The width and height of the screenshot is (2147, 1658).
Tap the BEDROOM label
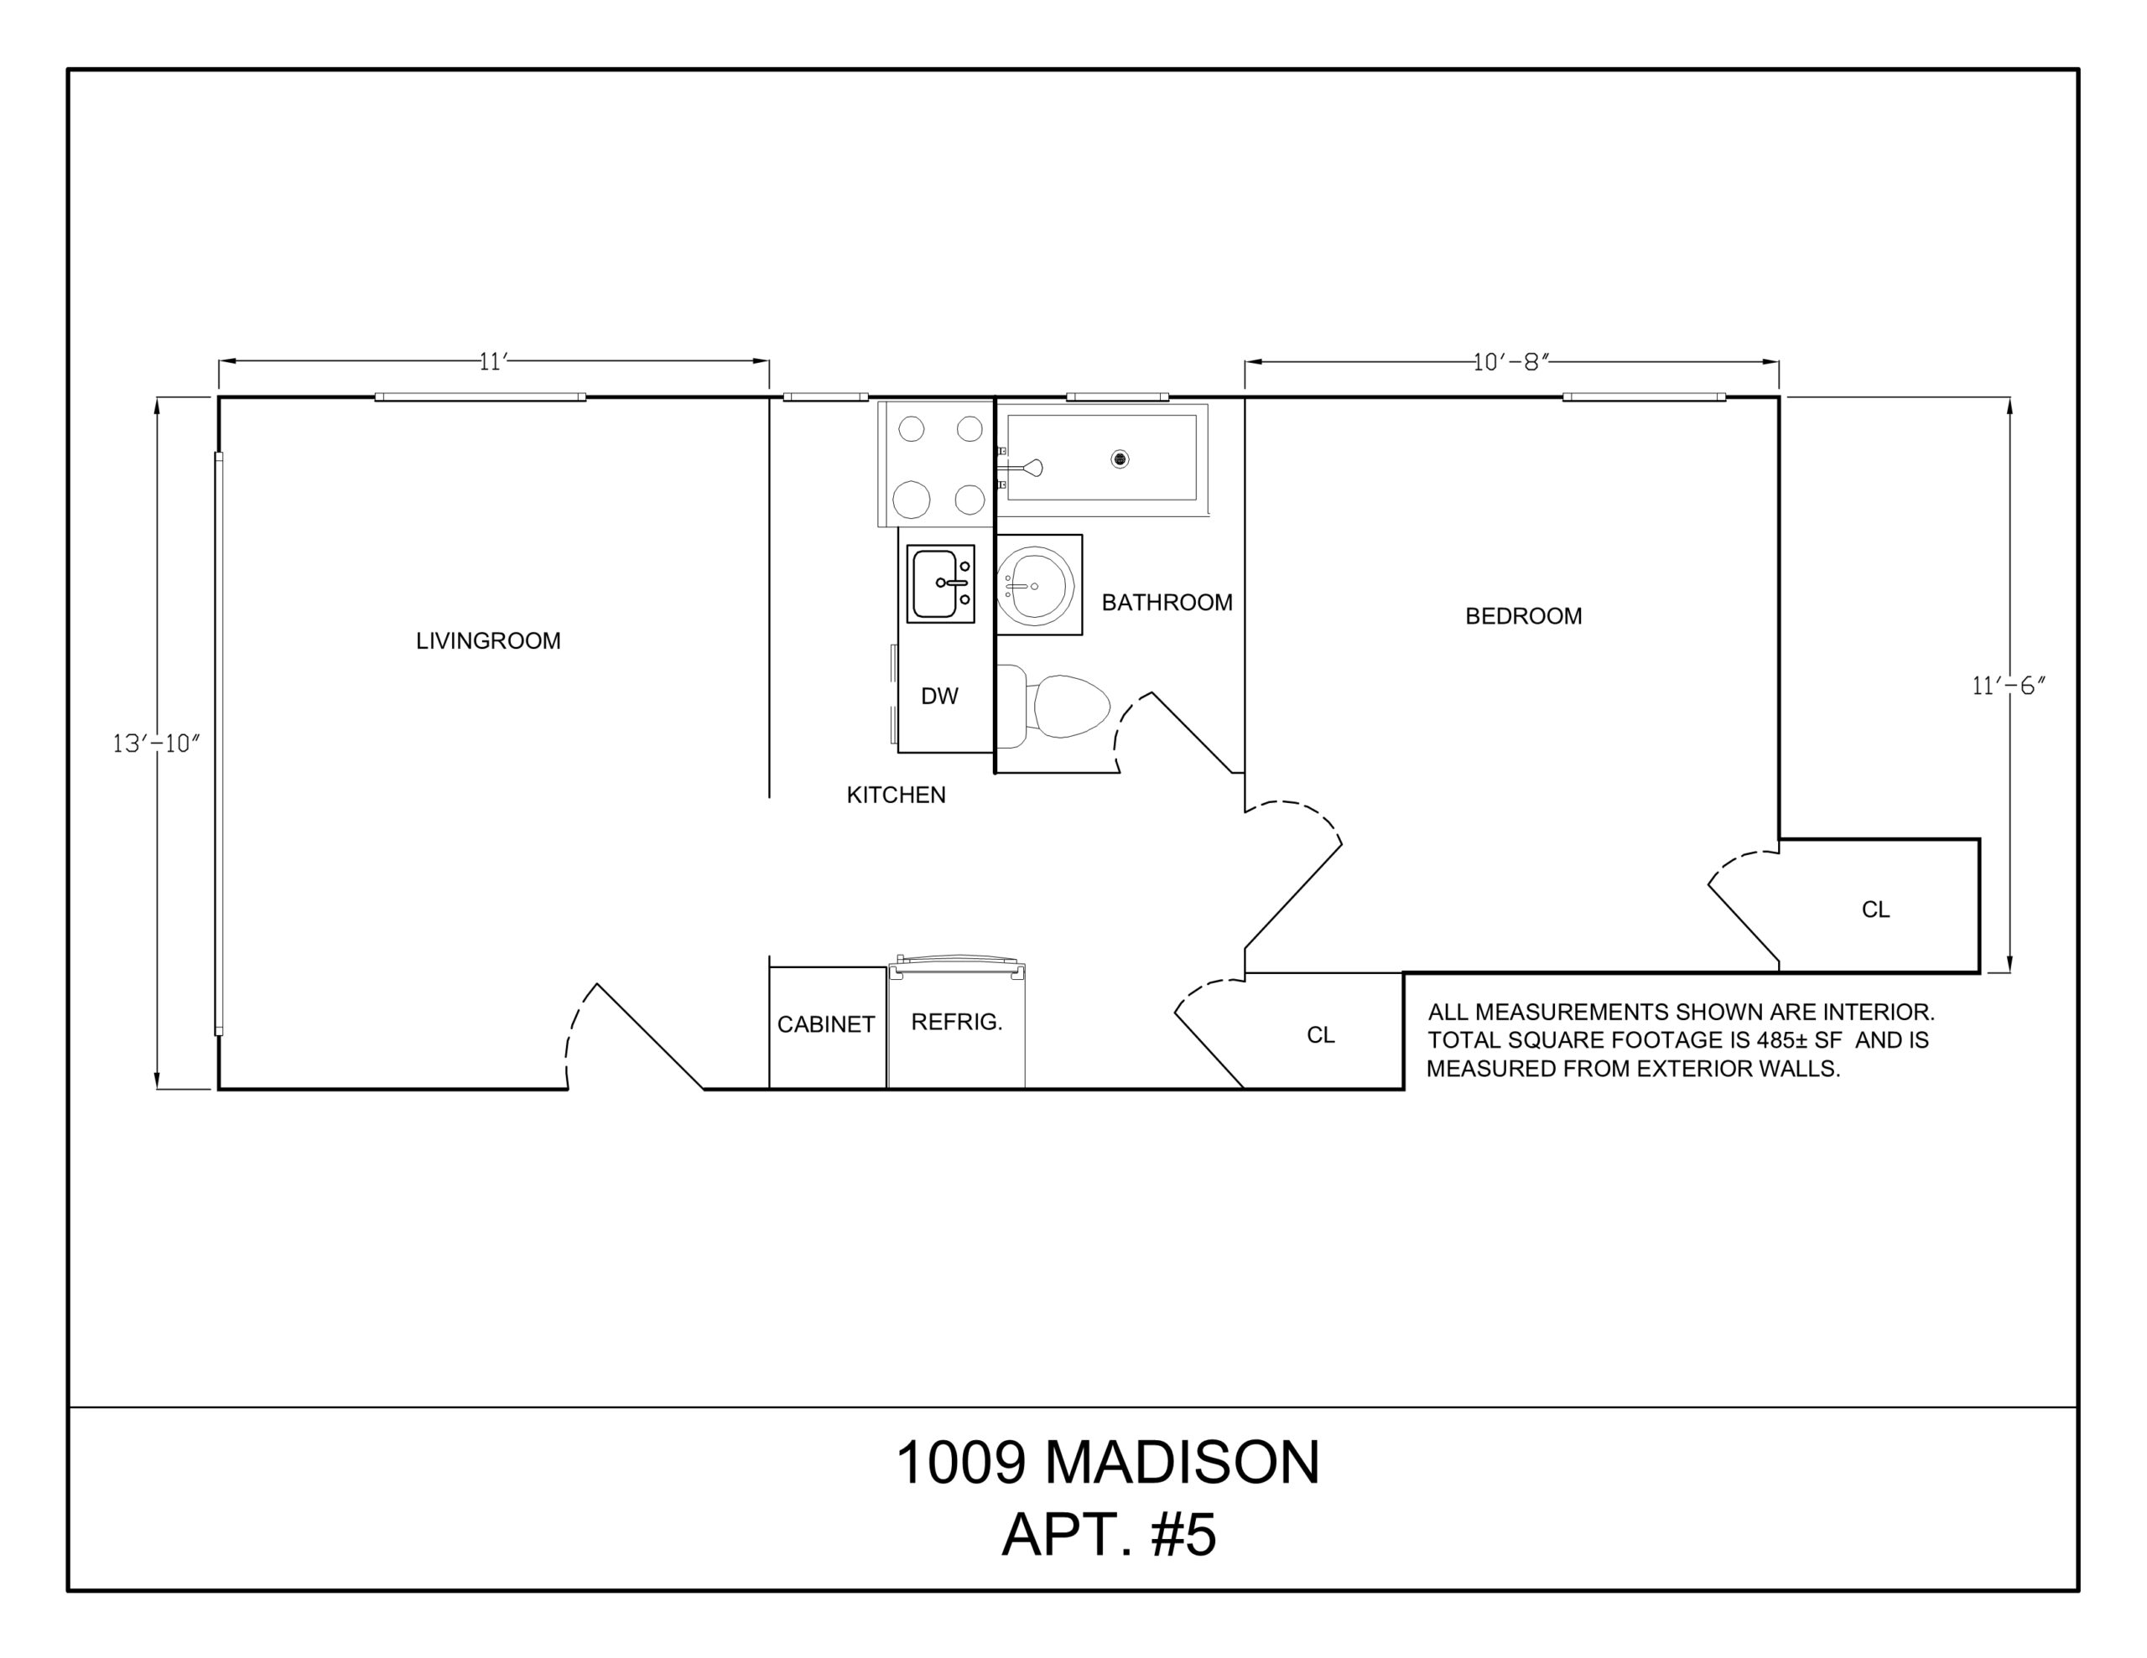tap(1524, 616)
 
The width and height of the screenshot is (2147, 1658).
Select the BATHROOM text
tap(1167, 603)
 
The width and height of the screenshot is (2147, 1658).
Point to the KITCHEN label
tap(896, 795)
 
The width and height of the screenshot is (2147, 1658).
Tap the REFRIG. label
tap(957, 1022)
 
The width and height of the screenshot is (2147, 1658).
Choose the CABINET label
tap(826, 1024)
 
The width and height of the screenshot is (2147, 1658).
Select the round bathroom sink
tap(1034, 586)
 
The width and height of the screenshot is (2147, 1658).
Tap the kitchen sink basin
tap(935, 583)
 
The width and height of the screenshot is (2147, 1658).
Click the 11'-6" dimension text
tap(2009, 686)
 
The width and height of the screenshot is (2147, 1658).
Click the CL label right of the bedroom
tap(1875, 910)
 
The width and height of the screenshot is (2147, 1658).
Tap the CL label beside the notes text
tap(1320, 1035)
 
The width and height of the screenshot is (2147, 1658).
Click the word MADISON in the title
tap(1183, 1463)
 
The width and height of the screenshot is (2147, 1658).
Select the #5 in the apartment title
tap(1183, 1534)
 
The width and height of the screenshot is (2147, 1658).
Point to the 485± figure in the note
tap(1786, 1040)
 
